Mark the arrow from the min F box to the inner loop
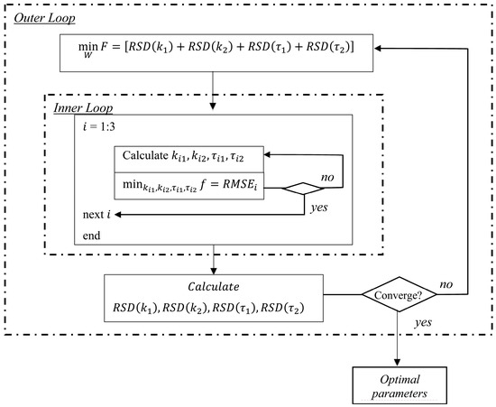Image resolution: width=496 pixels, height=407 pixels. click(211, 82)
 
